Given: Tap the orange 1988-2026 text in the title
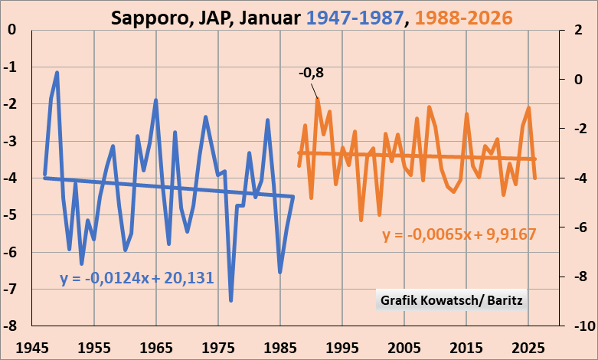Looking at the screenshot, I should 460,17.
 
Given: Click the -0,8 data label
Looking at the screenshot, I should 311,73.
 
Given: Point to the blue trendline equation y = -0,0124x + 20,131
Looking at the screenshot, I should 136,278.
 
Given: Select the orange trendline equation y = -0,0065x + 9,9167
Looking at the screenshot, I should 459,234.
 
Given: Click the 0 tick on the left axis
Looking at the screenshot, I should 13,30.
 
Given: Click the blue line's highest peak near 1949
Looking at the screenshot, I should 57,73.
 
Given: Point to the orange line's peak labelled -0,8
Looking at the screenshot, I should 317,99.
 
